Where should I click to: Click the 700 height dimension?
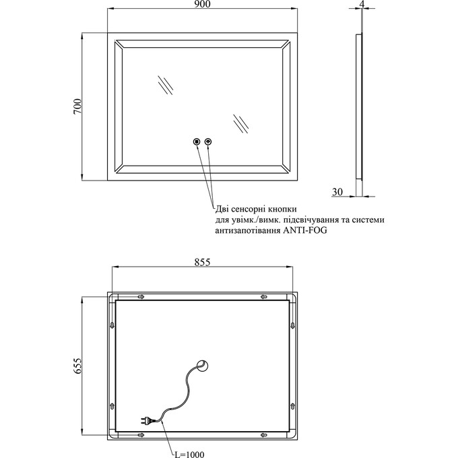pyautogui.click(x=77, y=107)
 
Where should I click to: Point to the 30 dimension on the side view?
pyautogui.click(x=338, y=192)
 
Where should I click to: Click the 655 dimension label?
pyautogui.click(x=77, y=366)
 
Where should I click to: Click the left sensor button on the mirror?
pyautogui.click(x=196, y=141)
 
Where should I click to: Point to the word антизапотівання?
pyautogui.click(x=247, y=230)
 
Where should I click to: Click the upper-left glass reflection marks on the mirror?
pyautogui.click(x=164, y=86)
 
